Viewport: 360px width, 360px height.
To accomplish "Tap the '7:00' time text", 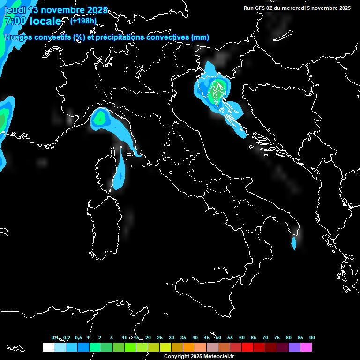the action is [14, 21].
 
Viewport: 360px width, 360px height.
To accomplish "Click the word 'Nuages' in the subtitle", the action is [17, 37].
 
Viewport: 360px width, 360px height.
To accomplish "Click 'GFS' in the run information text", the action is [259, 8].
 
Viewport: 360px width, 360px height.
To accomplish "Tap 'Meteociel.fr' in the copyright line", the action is [218, 357].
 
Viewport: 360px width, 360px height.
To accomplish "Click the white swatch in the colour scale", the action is [48, 347].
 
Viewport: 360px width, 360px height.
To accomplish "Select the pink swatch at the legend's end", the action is [306, 347].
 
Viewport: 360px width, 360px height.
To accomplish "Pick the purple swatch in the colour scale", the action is [294, 347].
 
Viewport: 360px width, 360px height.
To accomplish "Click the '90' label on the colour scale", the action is [312, 338].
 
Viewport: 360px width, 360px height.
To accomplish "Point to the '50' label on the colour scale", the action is [218, 338].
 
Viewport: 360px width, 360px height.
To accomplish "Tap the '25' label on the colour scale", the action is [160, 338].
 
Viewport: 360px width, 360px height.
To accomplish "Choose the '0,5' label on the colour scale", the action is [78, 338].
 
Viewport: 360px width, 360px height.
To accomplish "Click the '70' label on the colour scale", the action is [265, 338].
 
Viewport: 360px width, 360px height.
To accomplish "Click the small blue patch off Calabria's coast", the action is [293, 243].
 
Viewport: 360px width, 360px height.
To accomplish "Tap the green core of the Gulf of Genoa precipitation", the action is [99, 119].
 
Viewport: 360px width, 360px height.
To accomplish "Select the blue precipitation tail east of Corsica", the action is [120, 173].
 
